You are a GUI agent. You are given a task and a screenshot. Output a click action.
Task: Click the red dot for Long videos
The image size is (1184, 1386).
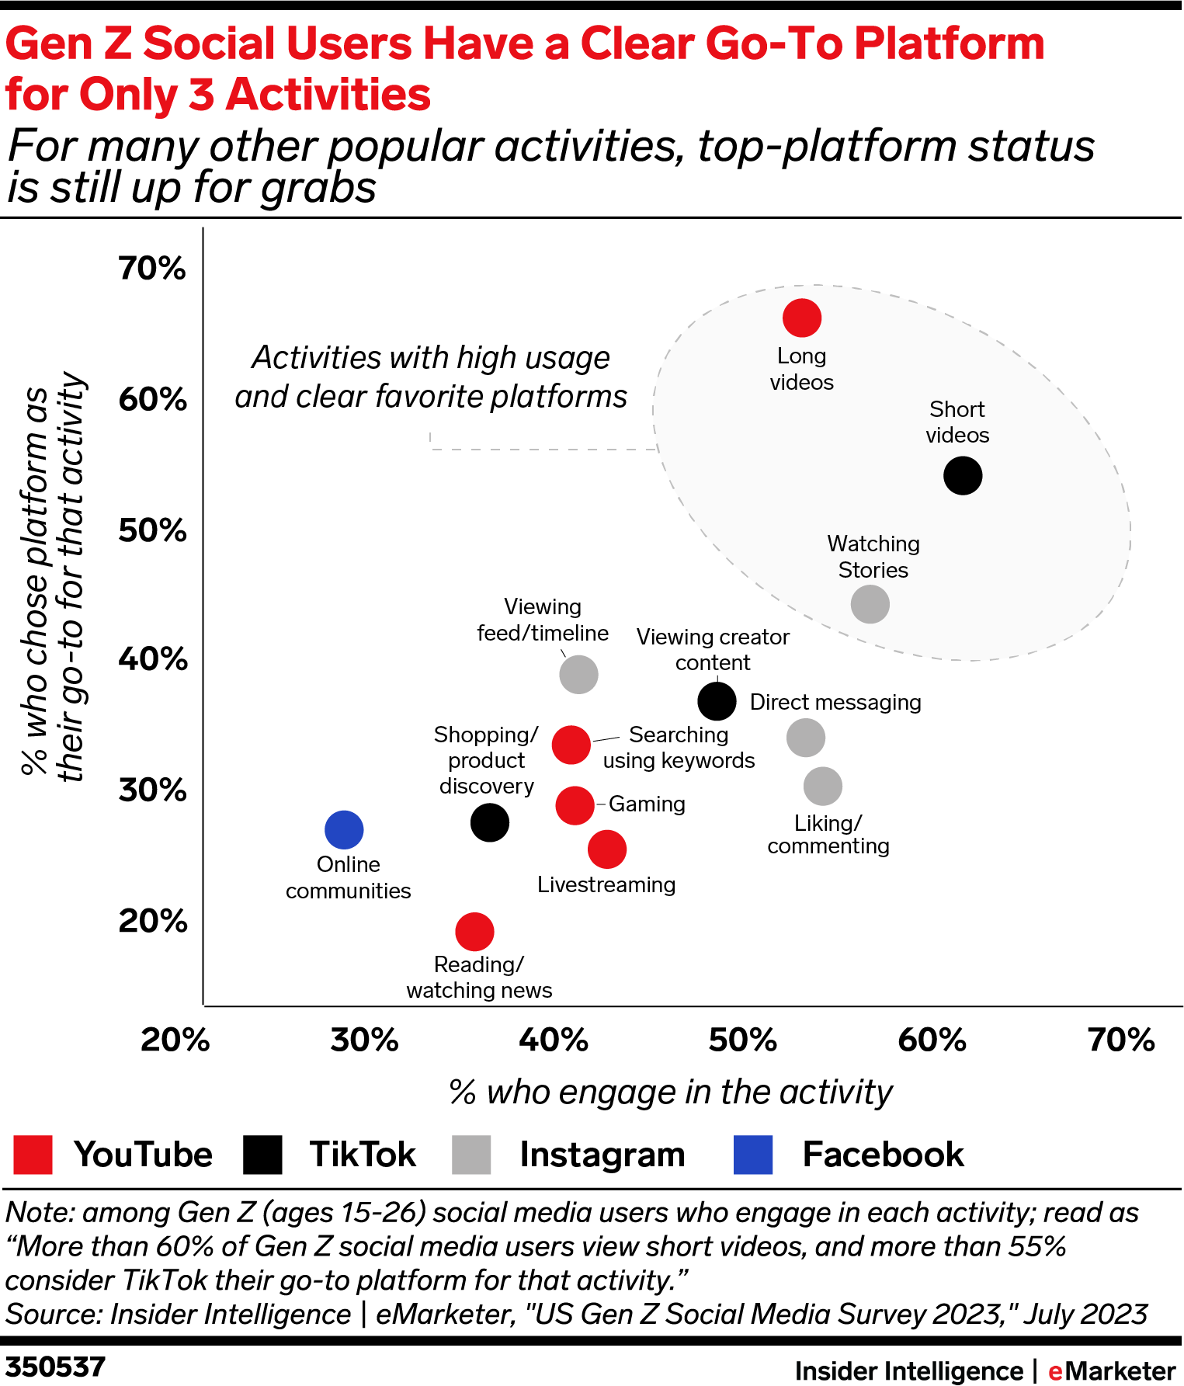point(802,318)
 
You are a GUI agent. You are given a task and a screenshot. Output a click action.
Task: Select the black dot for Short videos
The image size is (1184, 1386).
point(963,475)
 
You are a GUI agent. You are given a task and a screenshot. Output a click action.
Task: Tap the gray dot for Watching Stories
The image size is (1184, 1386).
point(870,604)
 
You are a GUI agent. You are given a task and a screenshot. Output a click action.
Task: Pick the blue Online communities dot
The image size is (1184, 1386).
point(344,829)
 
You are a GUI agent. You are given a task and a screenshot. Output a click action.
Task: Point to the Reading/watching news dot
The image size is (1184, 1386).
point(474,931)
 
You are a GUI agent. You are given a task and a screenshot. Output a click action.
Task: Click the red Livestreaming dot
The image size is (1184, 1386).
point(607,849)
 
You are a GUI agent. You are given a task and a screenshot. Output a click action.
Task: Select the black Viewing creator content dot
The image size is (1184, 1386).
point(717,701)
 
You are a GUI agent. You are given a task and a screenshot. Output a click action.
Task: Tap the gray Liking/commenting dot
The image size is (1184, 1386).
point(823,787)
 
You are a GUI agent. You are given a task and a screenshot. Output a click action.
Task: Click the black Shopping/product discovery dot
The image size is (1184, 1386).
point(490,822)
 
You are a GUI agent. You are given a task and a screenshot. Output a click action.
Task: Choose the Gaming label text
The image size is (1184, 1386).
point(647,804)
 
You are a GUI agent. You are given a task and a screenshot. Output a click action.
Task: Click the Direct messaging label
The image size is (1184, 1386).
point(835,702)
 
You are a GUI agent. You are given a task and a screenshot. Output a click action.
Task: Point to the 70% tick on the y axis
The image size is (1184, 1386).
point(152,269)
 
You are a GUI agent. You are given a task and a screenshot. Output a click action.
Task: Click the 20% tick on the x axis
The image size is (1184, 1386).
point(175,1040)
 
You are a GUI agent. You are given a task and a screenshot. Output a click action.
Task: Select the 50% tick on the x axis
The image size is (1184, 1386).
point(742,1040)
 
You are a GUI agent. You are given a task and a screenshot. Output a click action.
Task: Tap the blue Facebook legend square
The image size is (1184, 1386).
point(753,1155)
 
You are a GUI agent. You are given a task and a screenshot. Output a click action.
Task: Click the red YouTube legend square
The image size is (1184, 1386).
point(33,1155)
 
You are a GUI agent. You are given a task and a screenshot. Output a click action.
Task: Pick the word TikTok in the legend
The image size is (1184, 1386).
point(363,1155)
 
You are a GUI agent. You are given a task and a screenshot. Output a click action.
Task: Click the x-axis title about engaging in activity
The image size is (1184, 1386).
point(671,1092)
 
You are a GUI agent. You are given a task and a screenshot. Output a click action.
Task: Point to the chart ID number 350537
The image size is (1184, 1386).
point(55,1367)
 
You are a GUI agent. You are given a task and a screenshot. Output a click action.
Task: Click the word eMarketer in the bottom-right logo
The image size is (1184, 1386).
point(1111,1371)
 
